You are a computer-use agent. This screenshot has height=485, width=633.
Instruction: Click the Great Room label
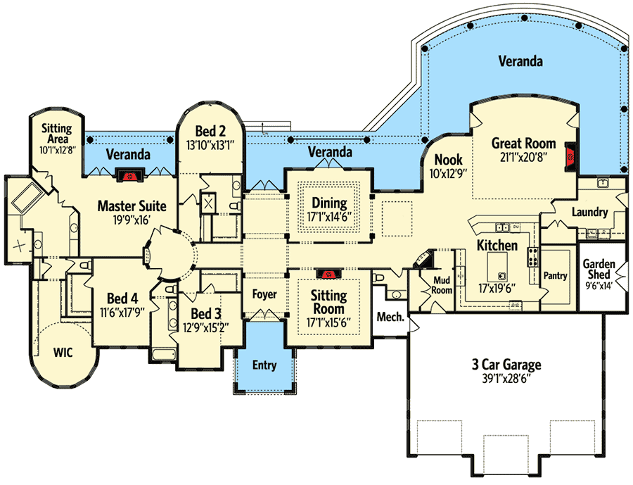point(523,143)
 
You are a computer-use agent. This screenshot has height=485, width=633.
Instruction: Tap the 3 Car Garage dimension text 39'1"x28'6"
point(506,379)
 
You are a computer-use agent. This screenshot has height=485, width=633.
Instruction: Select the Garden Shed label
point(600,270)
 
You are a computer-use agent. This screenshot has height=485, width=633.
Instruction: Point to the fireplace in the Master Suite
point(128,176)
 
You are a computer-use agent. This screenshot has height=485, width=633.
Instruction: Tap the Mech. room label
point(390,317)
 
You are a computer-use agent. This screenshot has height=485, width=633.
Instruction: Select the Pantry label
point(555,276)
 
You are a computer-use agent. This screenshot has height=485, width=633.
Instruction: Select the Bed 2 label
point(210,130)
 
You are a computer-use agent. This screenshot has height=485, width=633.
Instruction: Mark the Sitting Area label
point(53,133)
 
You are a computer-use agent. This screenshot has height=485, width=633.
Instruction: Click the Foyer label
point(264,294)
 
